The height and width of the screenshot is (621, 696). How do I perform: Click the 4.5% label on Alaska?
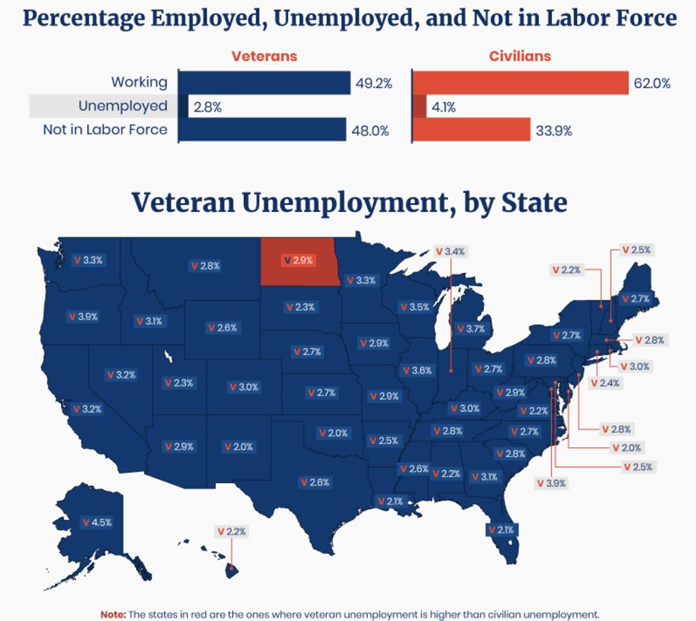tap(97, 522)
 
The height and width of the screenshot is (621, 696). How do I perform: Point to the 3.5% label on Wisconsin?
tap(414, 307)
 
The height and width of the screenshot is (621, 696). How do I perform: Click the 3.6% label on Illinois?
tap(417, 370)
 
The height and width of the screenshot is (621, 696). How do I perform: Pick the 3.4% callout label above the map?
tap(450, 251)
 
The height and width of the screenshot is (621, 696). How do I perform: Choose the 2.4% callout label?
tap(605, 383)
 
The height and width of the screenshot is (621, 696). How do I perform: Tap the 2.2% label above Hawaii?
tap(231, 531)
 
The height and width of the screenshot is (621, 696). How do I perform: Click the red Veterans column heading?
tap(264, 56)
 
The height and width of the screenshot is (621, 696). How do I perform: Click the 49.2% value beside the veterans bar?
tap(374, 84)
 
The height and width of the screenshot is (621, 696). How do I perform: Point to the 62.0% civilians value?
tap(651, 84)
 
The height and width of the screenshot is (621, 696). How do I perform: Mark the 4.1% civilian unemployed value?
tap(444, 107)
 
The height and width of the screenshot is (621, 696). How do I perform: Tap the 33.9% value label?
tap(553, 131)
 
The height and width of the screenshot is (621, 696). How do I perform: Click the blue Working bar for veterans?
tap(264, 83)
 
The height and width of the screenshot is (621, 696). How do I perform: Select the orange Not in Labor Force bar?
tap(471, 130)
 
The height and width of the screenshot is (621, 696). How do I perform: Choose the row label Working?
tap(139, 82)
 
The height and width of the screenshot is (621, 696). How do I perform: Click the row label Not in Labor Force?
tap(105, 129)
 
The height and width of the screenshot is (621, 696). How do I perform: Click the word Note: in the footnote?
tap(113, 614)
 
